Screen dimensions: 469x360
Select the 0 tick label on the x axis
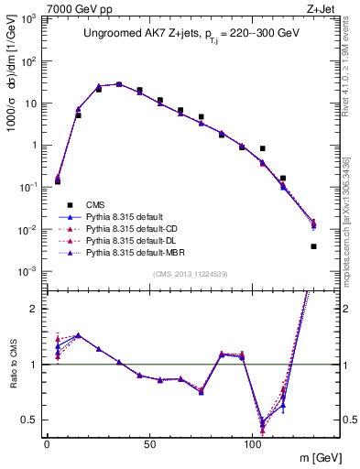coord(47,443)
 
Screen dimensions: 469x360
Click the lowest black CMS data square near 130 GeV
coord(313,246)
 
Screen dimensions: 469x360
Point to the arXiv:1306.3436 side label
coord(351,183)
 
